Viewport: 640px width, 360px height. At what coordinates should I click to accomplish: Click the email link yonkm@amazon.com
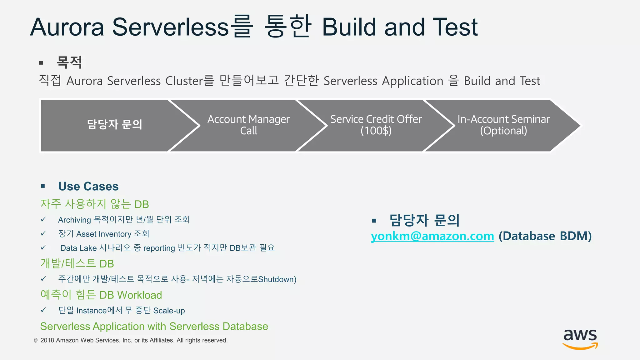click(432, 236)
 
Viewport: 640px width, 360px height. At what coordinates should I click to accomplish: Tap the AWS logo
click(580, 339)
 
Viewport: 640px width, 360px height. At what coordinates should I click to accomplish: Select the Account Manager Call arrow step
click(248, 125)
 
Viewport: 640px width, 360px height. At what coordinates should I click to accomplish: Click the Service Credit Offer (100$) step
click(376, 125)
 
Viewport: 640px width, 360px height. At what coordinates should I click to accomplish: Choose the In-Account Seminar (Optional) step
click(503, 125)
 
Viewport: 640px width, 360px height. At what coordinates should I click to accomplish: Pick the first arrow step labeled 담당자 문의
click(114, 125)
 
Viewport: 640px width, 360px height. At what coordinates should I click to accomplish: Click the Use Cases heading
click(88, 187)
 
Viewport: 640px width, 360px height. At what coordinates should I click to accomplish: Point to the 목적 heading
click(69, 62)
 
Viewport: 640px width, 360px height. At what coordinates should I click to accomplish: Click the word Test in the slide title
click(455, 27)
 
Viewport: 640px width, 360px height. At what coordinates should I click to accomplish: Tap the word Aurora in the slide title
click(67, 27)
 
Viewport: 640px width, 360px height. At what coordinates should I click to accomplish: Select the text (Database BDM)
click(545, 236)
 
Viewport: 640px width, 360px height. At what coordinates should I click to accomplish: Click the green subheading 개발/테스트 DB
click(77, 264)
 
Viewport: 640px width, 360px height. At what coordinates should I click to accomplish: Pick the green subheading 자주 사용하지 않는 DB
click(94, 204)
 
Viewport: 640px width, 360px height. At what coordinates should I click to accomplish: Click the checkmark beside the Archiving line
click(43, 219)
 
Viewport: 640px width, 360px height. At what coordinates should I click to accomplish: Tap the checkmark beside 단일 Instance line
click(43, 310)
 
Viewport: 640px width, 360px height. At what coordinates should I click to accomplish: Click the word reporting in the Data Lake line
click(159, 248)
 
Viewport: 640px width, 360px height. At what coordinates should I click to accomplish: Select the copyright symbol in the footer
click(36, 340)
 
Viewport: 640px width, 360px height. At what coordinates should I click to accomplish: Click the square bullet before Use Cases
click(43, 187)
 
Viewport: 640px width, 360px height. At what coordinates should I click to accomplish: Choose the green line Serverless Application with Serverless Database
click(154, 327)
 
